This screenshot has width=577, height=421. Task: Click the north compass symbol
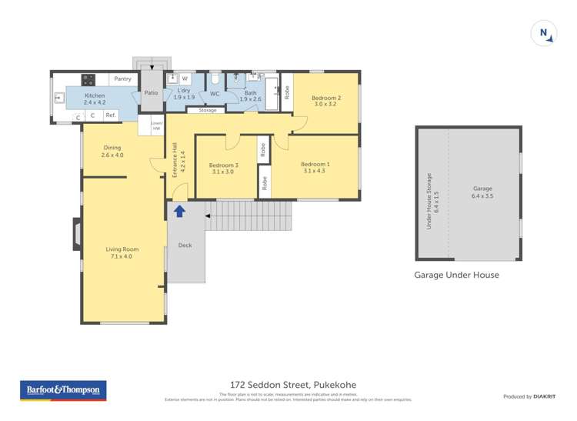pos(543,33)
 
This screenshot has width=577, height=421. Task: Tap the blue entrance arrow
pos(179,211)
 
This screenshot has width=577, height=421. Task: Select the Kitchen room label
pos(95,99)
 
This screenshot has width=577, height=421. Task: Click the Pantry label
pos(122,79)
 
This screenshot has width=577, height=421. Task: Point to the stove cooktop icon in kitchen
pos(88,79)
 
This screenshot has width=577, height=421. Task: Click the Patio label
pos(151,93)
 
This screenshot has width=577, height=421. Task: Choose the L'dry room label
pos(184,94)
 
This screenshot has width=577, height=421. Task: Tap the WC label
pos(215,94)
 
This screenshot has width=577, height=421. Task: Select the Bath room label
pos(251,96)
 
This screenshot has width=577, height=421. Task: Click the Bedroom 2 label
pos(325,101)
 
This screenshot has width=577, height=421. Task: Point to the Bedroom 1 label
pos(315,167)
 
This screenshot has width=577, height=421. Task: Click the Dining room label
pos(112,152)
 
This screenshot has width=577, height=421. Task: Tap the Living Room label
pos(122,252)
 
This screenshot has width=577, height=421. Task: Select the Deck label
pos(185,246)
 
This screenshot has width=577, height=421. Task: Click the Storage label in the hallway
pos(208,111)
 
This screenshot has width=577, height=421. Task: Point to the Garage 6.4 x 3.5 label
pos(482,192)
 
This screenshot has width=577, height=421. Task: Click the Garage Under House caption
pos(456,275)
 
